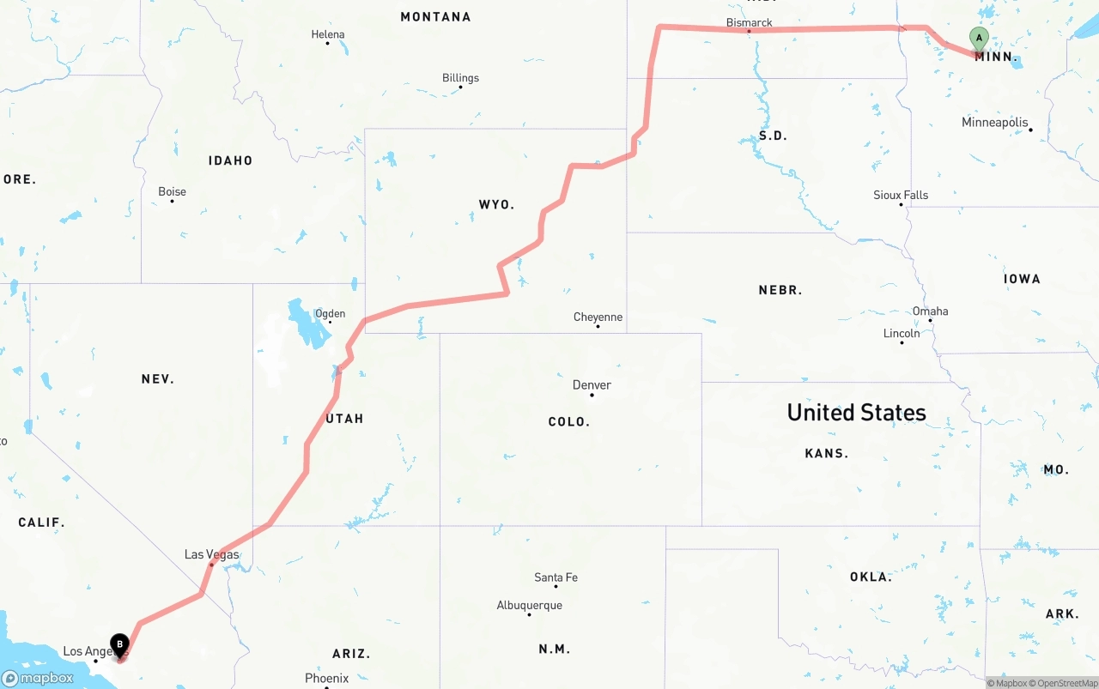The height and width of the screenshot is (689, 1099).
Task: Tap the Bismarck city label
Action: (x=749, y=22)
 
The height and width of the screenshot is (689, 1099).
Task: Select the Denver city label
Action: (x=592, y=384)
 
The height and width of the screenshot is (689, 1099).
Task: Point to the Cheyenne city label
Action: (x=598, y=317)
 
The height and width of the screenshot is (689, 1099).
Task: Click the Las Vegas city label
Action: (x=211, y=554)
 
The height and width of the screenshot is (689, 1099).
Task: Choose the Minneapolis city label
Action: (x=994, y=122)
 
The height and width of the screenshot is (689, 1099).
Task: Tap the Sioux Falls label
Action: (x=901, y=195)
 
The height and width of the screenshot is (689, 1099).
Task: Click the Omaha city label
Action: (x=930, y=311)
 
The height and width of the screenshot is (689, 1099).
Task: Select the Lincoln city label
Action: (x=902, y=333)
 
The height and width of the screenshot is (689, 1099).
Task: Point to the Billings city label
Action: (x=460, y=77)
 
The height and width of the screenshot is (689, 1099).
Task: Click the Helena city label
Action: (x=327, y=34)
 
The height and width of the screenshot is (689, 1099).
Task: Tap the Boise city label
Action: (x=172, y=191)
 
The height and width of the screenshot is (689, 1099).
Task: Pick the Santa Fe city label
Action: (x=556, y=577)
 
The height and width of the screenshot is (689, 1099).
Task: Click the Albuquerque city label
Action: (x=529, y=605)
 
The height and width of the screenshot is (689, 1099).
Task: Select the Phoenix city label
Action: (x=326, y=678)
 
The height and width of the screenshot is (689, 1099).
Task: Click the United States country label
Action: (x=856, y=413)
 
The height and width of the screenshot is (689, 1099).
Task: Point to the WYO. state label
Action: (x=496, y=204)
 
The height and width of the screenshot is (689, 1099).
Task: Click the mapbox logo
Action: (x=38, y=678)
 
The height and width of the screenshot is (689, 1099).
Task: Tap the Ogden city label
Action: (x=330, y=313)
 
